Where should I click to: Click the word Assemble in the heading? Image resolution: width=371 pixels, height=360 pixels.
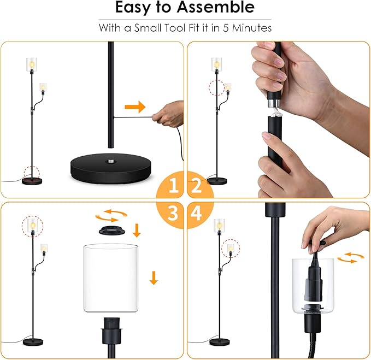(215, 7)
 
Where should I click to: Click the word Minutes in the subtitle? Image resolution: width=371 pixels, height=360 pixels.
(252, 28)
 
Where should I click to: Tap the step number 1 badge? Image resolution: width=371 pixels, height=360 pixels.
(173, 185)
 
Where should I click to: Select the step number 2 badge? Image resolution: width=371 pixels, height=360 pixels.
(197, 185)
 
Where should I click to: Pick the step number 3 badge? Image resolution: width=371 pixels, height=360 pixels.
(173, 213)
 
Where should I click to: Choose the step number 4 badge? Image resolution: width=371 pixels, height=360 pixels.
(196, 213)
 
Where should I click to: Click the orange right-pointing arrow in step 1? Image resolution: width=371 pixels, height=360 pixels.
(135, 107)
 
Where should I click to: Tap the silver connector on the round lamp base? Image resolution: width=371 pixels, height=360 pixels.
(111, 162)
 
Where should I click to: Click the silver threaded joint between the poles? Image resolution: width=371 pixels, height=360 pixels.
(274, 103)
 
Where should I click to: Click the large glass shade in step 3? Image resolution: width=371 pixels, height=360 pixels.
(111, 278)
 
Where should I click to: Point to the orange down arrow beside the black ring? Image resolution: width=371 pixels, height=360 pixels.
(137, 231)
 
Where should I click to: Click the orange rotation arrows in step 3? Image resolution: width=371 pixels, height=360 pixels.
(111, 215)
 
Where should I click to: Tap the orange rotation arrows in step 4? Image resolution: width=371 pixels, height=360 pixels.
(351, 258)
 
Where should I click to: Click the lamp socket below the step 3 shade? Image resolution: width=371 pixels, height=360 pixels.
(111, 331)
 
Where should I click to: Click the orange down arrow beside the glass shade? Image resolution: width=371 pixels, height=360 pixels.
(154, 278)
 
